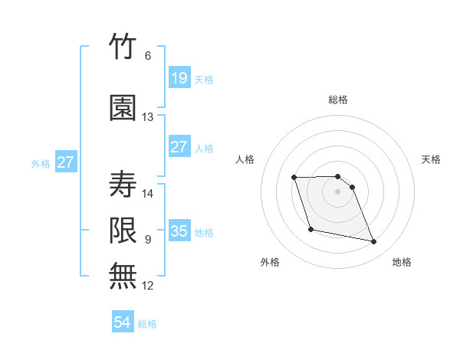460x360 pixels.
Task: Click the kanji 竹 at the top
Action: click(123, 46)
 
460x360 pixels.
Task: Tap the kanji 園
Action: click(123, 108)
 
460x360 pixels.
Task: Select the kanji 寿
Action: click(123, 184)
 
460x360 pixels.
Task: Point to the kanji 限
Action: click(123, 231)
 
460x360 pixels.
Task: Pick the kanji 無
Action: click(123, 276)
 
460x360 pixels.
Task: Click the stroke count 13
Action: click(147, 117)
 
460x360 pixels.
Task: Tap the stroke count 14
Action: click(147, 194)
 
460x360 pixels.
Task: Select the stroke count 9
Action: click(148, 240)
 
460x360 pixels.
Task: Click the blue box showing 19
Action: click(179, 77)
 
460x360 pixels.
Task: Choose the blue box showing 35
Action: click(179, 230)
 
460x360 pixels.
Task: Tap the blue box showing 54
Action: click(123, 321)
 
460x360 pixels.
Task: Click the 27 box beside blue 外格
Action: click(66, 162)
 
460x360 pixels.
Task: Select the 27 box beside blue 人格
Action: click(179, 146)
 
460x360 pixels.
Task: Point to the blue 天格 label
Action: click(204, 80)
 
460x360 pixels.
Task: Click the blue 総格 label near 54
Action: click(147, 324)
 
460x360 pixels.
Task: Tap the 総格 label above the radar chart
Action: click(338, 100)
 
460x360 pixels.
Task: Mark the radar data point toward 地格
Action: click(374, 242)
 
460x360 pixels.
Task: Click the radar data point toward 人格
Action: click(294, 178)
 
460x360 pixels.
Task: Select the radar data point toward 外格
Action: click(311, 230)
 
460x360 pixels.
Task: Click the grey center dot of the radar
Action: click(337, 191)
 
